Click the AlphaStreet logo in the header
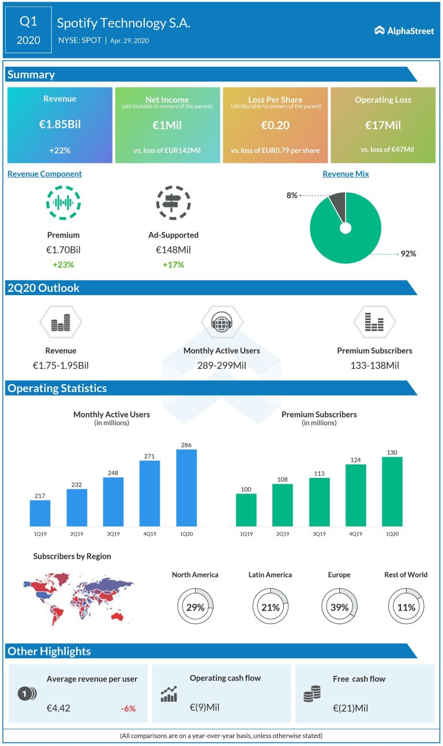(x=404, y=31)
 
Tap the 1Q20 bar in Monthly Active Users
(x=186, y=487)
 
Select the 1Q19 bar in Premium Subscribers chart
(x=246, y=510)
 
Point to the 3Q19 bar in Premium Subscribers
(x=320, y=502)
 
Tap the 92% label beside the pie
(x=408, y=254)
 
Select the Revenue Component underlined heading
(x=44, y=174)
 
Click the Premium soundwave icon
(x=63, y=203)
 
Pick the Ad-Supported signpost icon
(x=173, y=203)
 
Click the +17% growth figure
(x=173, y=265)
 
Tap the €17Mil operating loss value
(x=383, y=125)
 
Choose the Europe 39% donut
(x=339, y=607)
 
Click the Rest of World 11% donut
(x=406, y=607)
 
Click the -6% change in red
(x=128, y=708)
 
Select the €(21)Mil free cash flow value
(x=350, y=708)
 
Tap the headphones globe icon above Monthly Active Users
(x=221, y=322)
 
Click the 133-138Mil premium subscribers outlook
(x=374, y=365)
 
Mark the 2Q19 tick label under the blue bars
(x=76, y=534)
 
